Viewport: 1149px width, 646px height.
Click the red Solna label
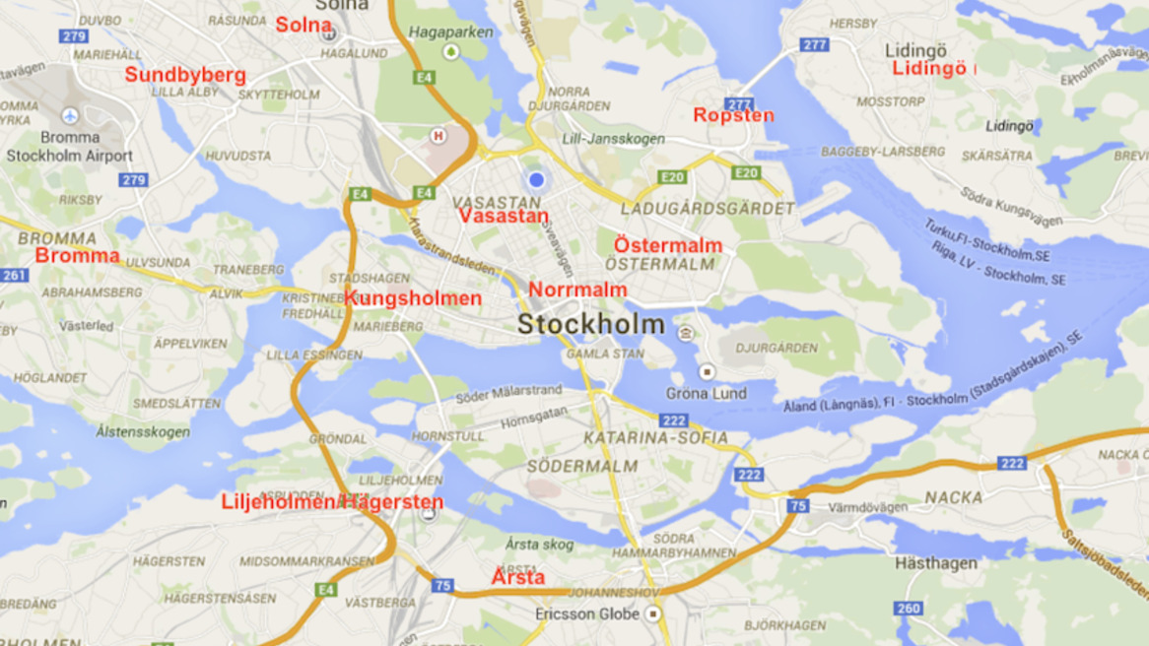303,26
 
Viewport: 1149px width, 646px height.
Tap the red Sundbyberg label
185,75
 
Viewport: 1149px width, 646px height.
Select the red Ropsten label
733,115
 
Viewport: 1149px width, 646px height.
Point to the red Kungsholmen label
413,298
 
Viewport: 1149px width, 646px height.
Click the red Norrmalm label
577,290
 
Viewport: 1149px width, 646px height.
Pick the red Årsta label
518,577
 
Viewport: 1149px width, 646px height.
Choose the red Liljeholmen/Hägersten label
332,502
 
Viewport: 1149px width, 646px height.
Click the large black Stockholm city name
591,324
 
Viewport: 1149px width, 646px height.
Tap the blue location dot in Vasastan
536,179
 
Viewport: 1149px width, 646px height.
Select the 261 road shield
15,275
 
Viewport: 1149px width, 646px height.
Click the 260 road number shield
909,609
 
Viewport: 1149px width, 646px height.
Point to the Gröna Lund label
706,393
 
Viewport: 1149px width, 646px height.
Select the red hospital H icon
439,136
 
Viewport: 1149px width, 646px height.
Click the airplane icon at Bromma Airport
70,116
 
